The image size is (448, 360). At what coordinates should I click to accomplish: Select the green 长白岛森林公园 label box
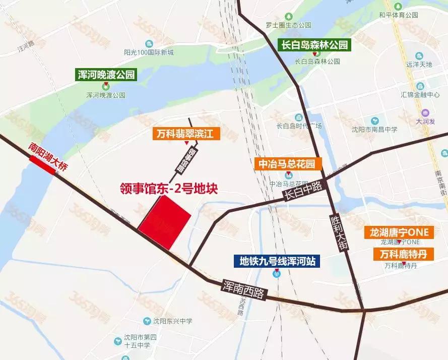[314, 45]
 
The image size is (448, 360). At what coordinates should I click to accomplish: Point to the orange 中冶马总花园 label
[286, 164]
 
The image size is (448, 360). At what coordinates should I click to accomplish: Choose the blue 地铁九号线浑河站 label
[276, 261]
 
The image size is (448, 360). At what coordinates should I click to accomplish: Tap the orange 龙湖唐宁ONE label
[399, 232]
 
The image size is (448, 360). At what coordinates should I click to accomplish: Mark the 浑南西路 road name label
[243, 289]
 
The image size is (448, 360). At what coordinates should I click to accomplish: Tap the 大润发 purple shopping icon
[426, 112]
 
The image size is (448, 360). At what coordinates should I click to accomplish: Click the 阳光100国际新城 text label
[149, 52]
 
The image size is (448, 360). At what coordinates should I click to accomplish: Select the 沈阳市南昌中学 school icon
[375, 121]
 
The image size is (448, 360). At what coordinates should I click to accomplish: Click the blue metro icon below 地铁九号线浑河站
[277, 274]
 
